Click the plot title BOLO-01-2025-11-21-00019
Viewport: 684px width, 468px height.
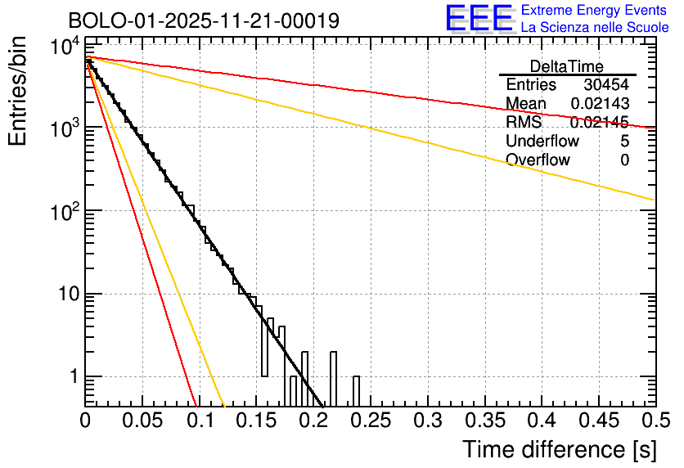click(204, 20)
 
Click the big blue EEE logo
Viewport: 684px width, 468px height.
click(479, 19)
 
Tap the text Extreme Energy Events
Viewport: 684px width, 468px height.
click(595, 11)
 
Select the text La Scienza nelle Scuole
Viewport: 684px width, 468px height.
click(595, 27)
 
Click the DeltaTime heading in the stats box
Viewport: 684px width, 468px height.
click(567, 66)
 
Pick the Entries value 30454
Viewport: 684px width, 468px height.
click(606, 85)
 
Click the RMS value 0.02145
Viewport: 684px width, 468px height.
click(600, 123)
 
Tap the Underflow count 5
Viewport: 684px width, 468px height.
click(624, 142)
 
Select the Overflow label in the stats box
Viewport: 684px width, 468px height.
click(538, 160)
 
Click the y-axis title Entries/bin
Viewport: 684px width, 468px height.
click(20, 92)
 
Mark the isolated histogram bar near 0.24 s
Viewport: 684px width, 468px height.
click(357, 390)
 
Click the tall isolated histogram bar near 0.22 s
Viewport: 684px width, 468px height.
click(334, 378)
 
